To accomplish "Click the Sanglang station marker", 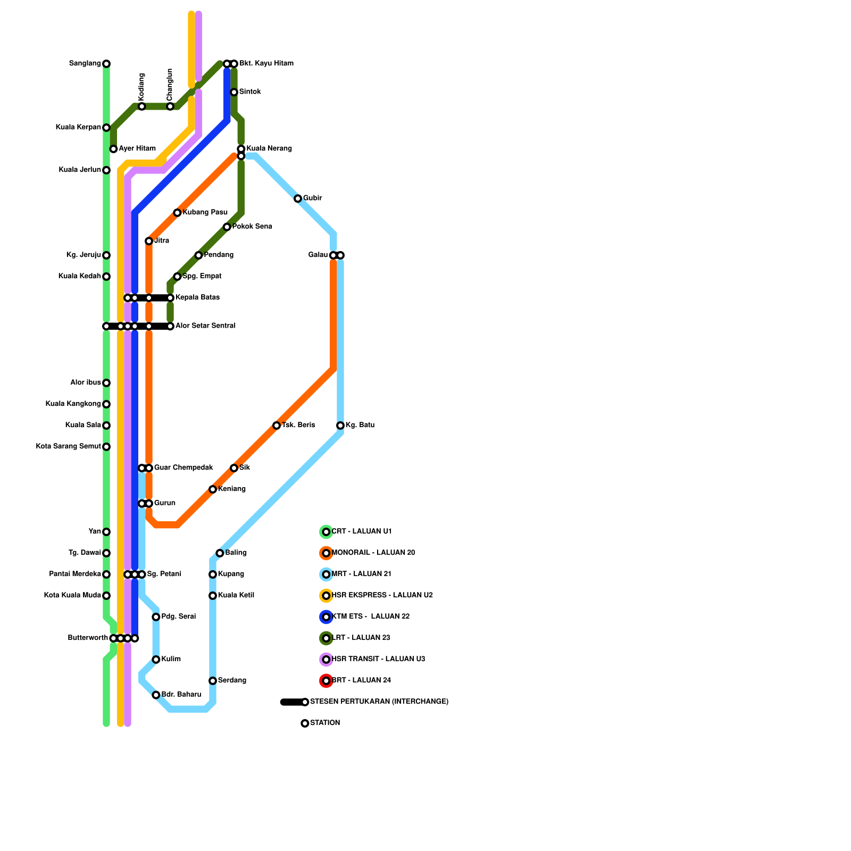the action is (x=106, y=64).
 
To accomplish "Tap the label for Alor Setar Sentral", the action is (x=205, y=326).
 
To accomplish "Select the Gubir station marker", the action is (x=298, y=199).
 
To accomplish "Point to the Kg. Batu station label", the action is (x=360, y=425).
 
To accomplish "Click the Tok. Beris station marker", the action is (x=277, y=425).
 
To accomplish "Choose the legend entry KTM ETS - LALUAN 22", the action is (x=371, y=617).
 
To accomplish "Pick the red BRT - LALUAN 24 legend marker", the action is (x=326, y=681).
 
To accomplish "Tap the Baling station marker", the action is (x=220, y=553).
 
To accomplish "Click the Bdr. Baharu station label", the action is (x=181, y=695).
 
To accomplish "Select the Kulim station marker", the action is (x=156, y=660).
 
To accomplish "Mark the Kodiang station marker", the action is (x=142, y=106).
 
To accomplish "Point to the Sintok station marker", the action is (x=234, y=93).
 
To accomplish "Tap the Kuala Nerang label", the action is (x=269, y=148).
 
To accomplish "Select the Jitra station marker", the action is (x=149, y=241).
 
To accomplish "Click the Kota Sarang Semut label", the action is (x=68, y=447).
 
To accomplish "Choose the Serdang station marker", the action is (x=213, y=681).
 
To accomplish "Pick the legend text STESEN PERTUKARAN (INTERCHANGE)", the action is (x=379, y=702).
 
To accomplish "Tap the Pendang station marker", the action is (x=198, y=255).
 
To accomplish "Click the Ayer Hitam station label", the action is (x=137, y=149).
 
